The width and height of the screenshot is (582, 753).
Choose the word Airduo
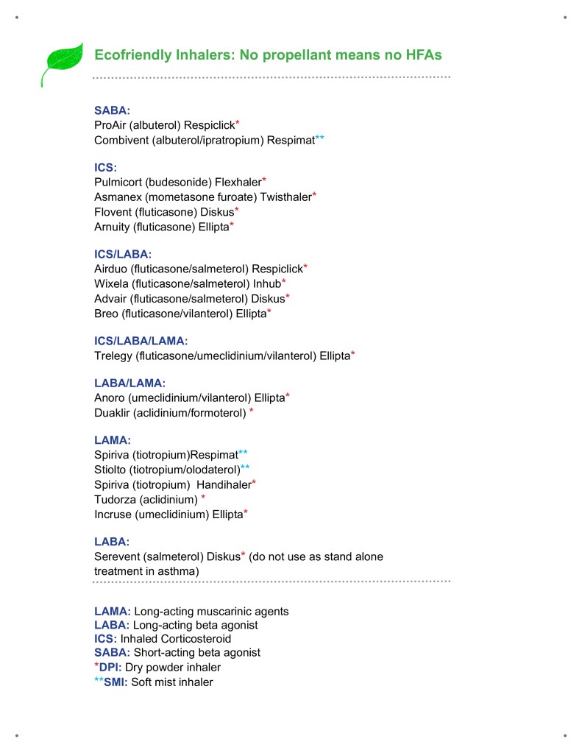111,269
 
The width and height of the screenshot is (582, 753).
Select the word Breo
107,313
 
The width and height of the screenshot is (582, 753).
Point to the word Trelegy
113,356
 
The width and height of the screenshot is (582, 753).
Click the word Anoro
110,398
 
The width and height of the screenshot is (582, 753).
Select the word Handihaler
224,484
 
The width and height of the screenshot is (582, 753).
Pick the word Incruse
113,513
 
